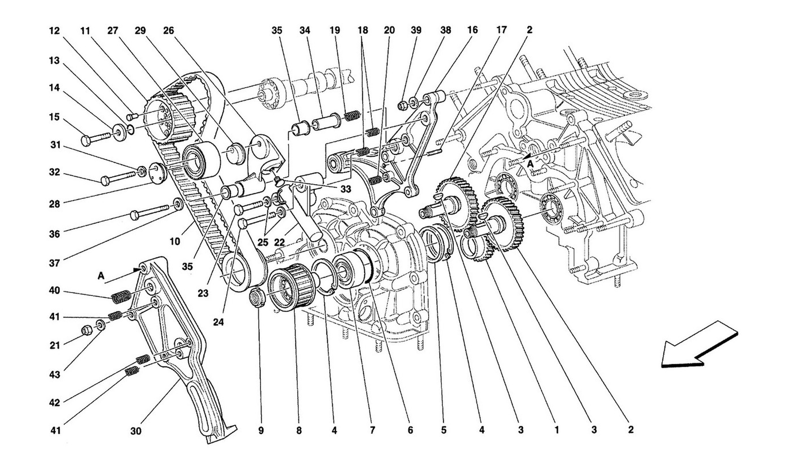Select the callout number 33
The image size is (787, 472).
point(346,189)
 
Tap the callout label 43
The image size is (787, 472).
point(55,375)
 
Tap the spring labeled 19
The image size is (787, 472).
point(352,116)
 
